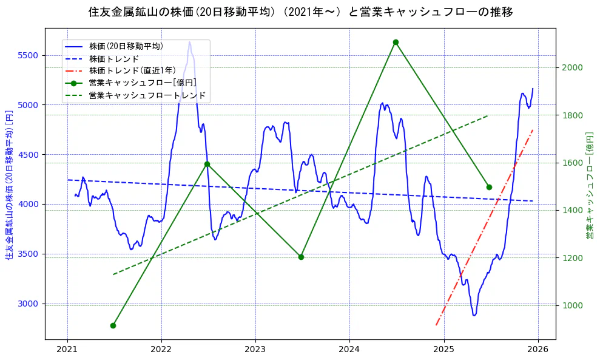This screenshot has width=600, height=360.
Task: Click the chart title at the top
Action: [x=300, y=12]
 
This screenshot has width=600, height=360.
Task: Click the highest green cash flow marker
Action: [x=396, y=42]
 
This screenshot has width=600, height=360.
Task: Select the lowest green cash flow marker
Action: [x=113, y=325]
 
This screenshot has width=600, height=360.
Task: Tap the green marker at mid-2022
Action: [x=207, y=164]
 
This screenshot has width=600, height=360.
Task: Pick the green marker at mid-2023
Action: [x=301, y=257]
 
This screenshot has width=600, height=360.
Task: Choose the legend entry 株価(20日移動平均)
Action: [x=126, y=46]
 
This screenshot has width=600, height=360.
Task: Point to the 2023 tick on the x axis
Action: [x=255, y=350]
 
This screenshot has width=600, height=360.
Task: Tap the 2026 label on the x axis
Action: [x=538, y=350]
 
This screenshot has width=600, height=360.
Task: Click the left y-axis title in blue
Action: [x=9, y=185]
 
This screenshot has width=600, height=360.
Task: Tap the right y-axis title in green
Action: [x=589, y=185]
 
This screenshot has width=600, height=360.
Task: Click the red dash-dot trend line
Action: [x=485, y=225]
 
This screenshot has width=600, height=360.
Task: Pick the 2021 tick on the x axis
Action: [x=67, y=350]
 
